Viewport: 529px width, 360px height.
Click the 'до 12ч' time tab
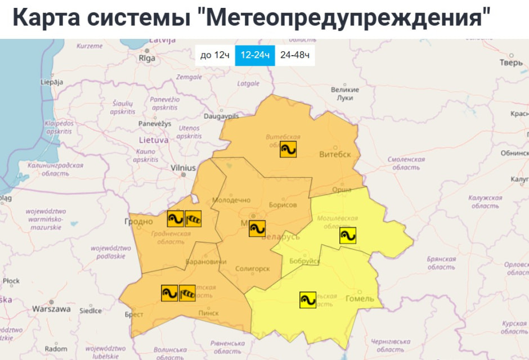click(214, 55)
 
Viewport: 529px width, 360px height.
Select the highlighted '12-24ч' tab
click(255, 55)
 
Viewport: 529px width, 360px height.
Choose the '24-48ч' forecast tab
click(295, 55)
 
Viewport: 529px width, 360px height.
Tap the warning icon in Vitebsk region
click(288, 148)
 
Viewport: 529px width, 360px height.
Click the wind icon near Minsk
click(257, 228)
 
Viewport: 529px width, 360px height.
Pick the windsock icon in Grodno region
click(193, 218)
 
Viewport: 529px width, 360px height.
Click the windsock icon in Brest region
click(187, 292)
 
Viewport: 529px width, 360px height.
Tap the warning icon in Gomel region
click(308, 300)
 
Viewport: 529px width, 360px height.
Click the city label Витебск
click(335, 155)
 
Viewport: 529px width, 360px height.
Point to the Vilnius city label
click(183, 168)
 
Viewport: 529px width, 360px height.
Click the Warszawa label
click(51, 309)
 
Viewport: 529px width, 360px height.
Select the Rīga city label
click(147, 58)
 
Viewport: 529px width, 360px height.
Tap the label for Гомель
click(359, 299)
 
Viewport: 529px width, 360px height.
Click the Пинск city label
click(209, 313)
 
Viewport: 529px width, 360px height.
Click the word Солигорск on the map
click(253, 269)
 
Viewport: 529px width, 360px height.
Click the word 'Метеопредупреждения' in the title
click(345, 18)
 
